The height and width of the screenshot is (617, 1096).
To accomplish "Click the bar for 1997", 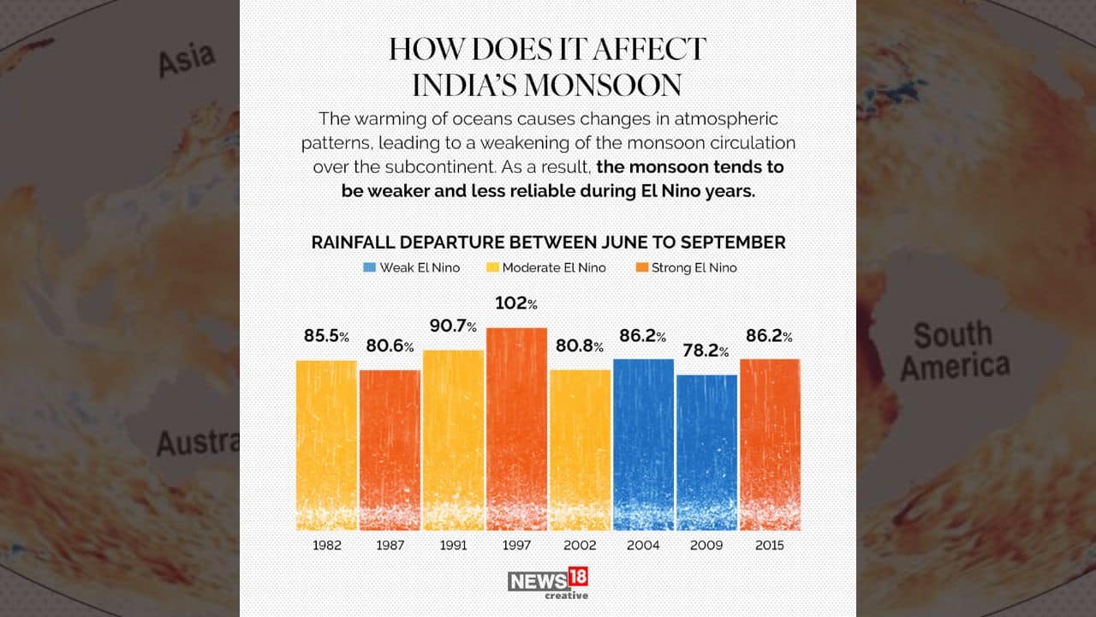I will point(516,428).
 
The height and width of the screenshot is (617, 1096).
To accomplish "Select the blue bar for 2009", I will point(706,452).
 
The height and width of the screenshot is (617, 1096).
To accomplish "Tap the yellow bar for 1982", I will point(326,445).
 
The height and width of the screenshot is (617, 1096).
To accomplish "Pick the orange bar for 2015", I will point(770,444).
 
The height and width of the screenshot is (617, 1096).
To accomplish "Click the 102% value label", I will point(516,303).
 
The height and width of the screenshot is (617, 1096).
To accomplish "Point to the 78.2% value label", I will point(706,351).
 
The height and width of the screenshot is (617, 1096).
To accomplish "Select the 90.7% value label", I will point(453,326).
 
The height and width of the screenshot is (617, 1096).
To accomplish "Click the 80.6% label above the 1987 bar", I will point(390,346).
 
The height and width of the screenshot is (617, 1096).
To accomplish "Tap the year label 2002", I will point(580,545).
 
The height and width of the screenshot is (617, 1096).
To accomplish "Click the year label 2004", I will point(643,545).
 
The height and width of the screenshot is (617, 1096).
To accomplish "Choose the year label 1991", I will point(453,545).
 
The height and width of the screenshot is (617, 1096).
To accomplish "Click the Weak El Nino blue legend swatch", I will point(368,267).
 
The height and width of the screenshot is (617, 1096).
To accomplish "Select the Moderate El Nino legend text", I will point(553,267).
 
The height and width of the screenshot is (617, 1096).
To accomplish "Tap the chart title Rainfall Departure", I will point(548,243).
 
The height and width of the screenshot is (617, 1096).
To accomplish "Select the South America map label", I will point(955,350).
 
